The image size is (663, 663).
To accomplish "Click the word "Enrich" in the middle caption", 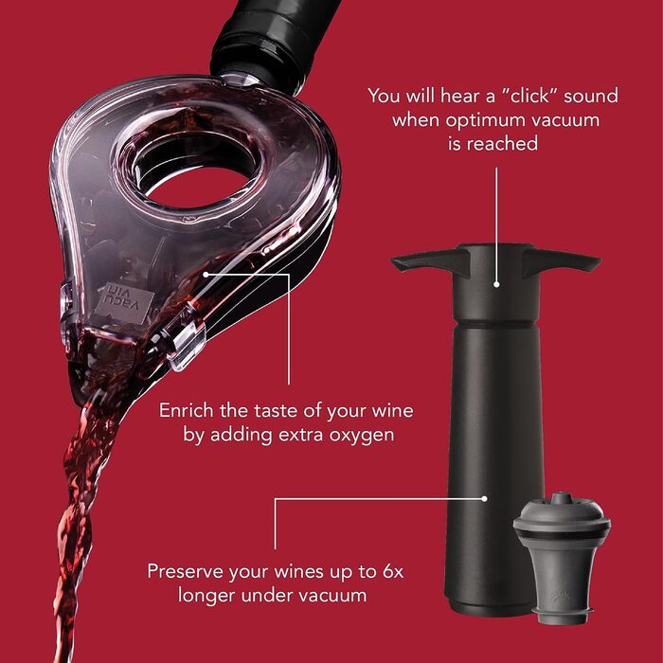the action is coord(187,410).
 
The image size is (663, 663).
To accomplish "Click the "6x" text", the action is coord(393,571).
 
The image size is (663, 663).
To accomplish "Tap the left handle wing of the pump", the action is coord(430,260).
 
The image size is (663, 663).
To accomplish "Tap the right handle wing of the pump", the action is coord(562,260).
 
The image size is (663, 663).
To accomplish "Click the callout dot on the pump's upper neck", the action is coord(497,284).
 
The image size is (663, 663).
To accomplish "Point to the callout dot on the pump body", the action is coord(485,499).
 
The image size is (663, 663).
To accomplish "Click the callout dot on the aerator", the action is coord(206,275).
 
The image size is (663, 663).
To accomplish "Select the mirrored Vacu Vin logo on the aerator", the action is coord(123,302).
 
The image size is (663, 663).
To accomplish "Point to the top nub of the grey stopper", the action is coord(562,498).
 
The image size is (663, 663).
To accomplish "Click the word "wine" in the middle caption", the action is coord(392,410).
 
